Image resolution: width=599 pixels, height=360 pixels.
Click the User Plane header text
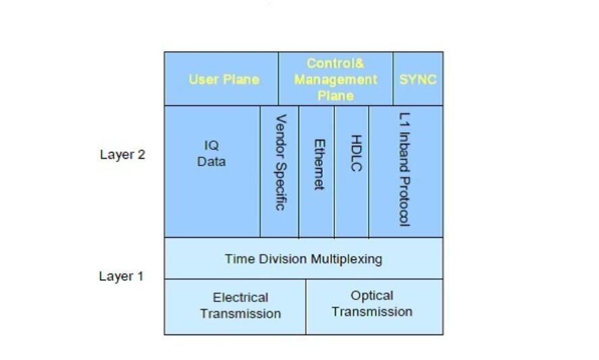pos(224,80)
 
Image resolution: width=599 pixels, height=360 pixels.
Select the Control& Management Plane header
pos(336,80)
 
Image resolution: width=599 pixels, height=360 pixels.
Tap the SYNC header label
pos(418,80)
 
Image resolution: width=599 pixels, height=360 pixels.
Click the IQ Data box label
pos(211,154)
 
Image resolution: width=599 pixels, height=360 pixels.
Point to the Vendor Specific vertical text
pos(280,162)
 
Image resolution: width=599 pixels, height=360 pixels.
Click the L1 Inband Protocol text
pos(405,169)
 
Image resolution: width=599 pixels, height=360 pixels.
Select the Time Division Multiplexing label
pos(303,259)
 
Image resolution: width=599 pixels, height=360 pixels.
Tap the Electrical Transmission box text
pos(240,306)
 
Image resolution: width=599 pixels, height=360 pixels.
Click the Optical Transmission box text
pos(372,304)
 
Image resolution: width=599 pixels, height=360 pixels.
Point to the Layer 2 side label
pos(122,154)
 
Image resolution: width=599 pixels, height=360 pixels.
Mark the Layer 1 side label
pos(122,276)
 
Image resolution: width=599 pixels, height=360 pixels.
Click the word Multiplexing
pos(346,259)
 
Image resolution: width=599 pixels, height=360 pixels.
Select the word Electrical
pos(240,298)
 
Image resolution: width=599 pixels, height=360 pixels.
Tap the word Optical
pos(372,296)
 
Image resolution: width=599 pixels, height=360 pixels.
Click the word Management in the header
pos(336,80)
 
